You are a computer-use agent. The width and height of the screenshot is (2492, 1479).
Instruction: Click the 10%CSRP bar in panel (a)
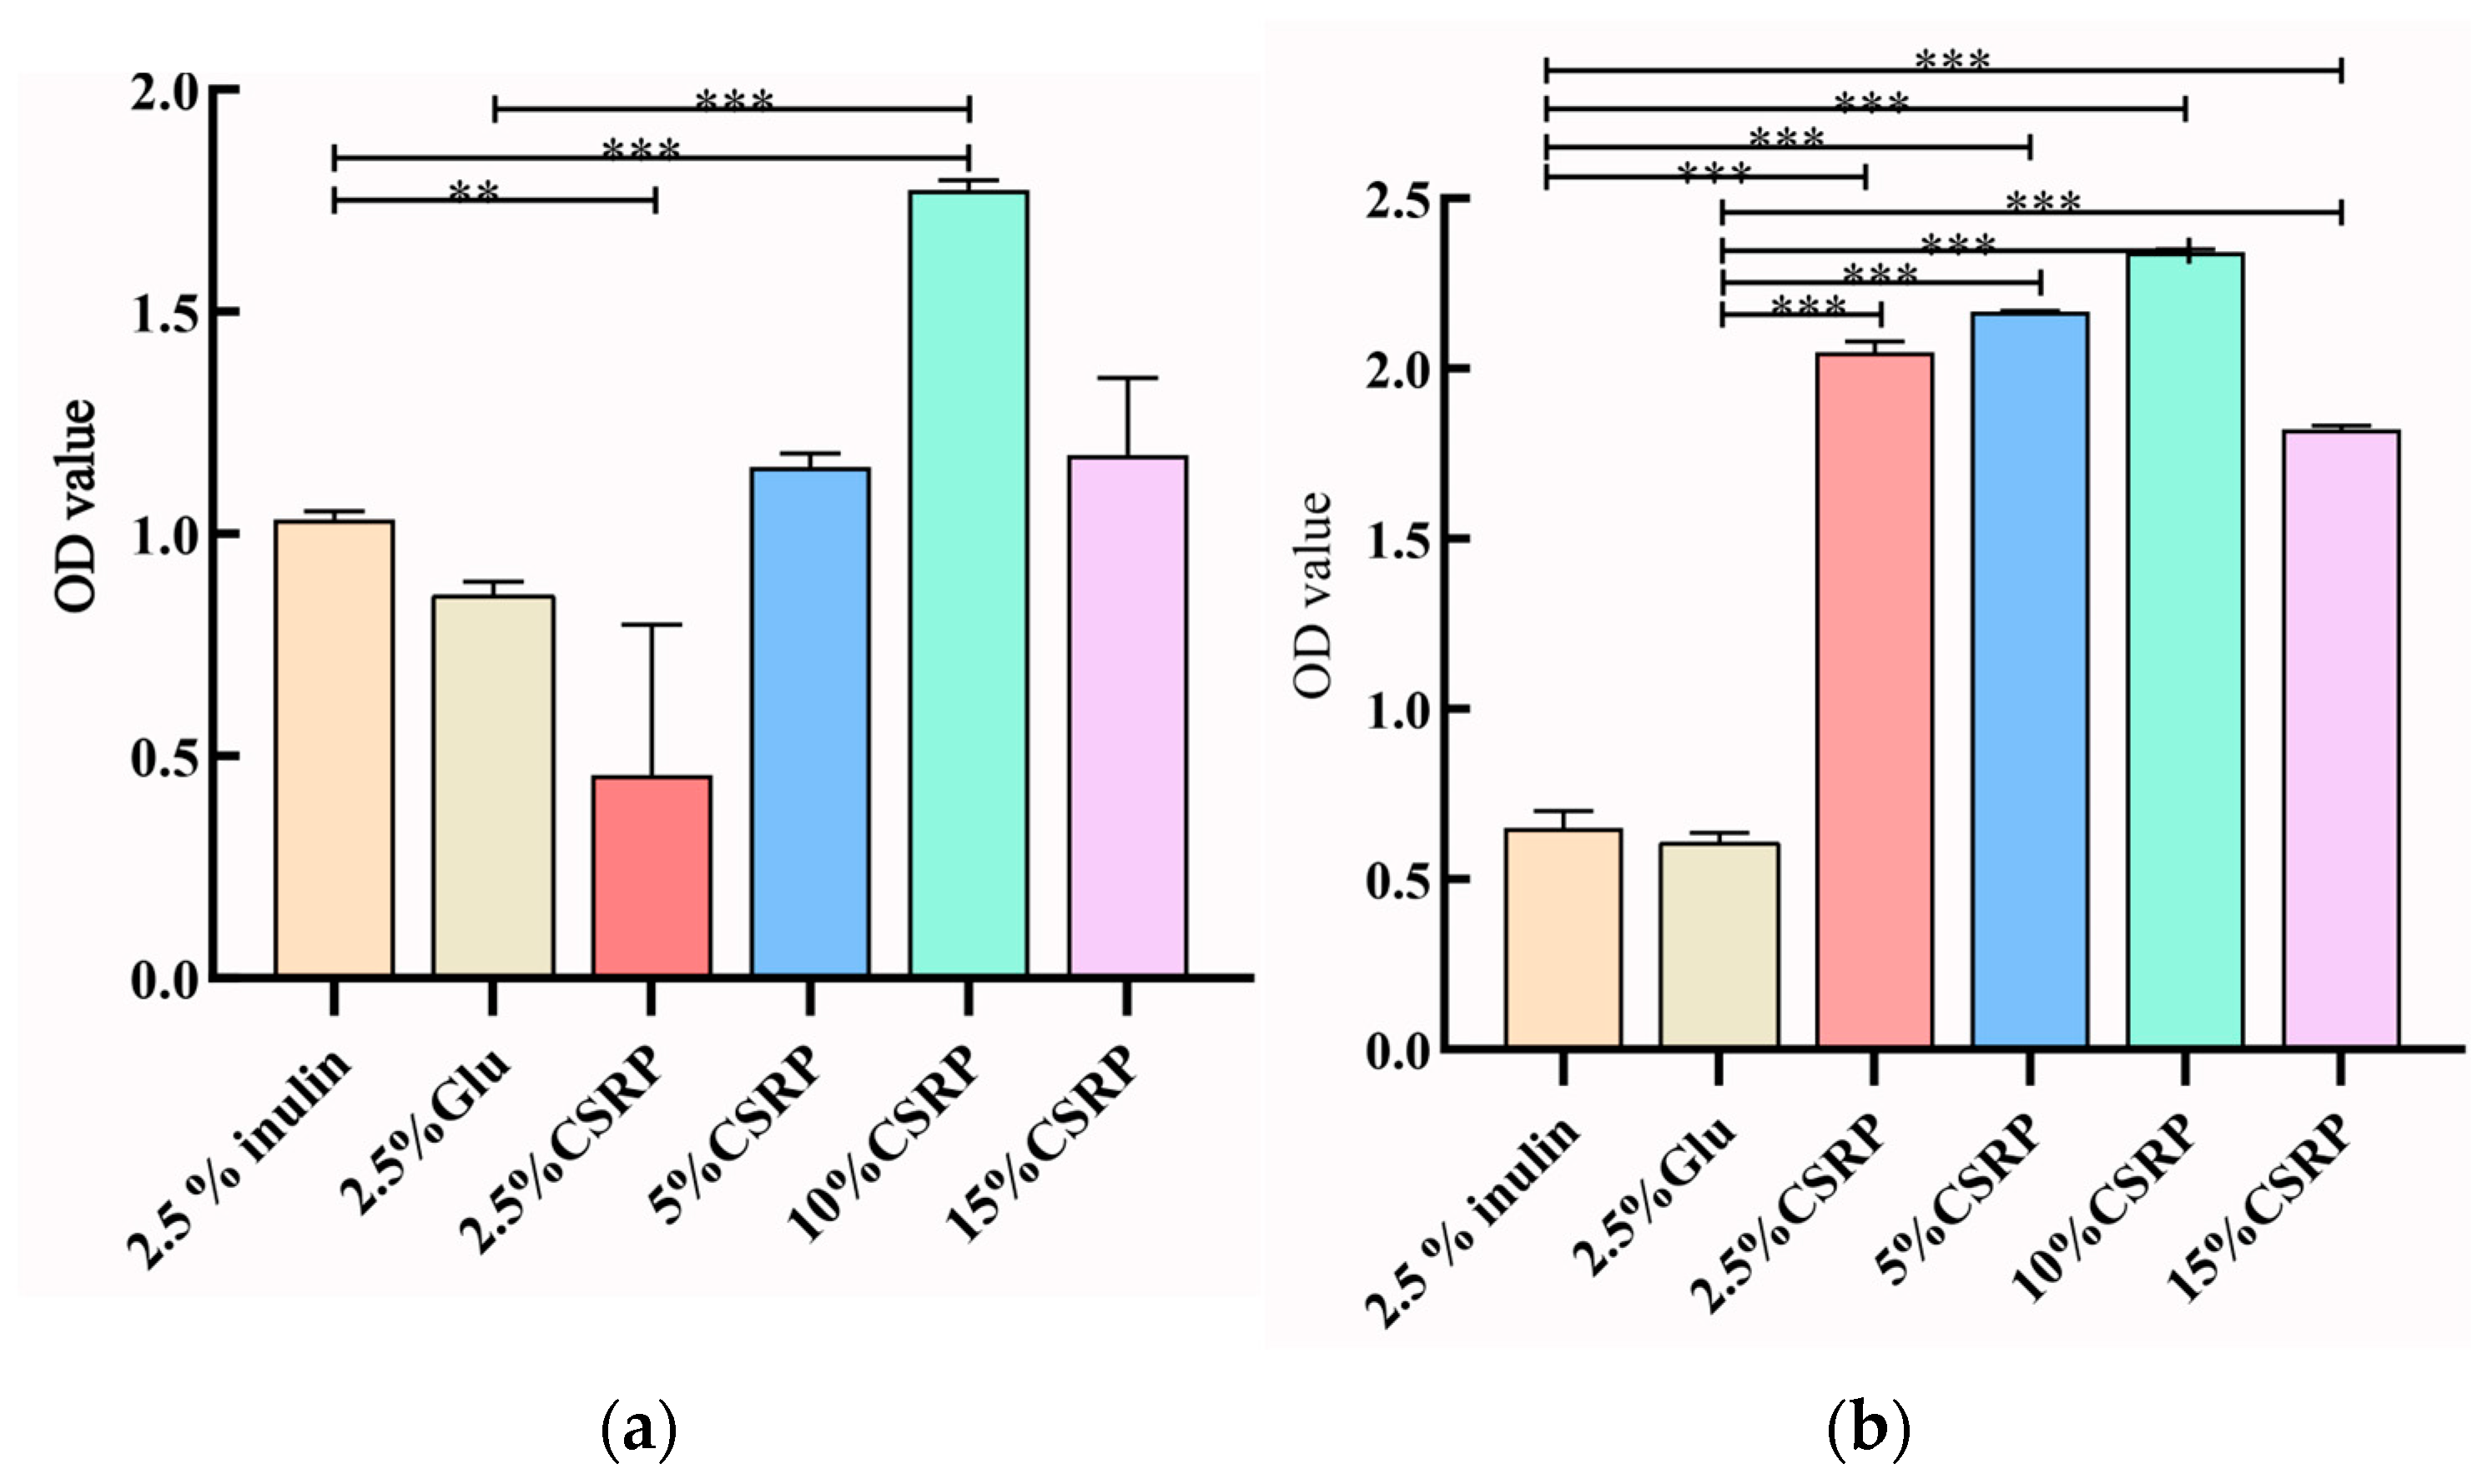(968, 583)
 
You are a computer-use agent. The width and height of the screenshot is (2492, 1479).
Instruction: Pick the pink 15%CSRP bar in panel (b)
(2340, 738)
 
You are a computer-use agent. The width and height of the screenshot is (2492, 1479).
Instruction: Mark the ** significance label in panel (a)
(474, 190)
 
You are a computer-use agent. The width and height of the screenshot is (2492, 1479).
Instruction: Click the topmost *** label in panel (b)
(1951, 61)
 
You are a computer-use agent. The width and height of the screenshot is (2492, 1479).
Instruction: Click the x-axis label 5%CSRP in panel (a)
(737, 1135)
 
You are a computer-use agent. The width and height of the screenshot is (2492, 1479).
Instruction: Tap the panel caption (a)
(639, 1430)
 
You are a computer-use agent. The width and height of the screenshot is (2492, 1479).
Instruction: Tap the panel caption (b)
(1868, 1430)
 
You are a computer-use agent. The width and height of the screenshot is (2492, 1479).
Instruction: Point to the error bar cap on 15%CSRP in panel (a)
(1127, 379)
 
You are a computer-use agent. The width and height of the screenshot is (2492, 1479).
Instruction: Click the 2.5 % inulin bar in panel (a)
(334, 747)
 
